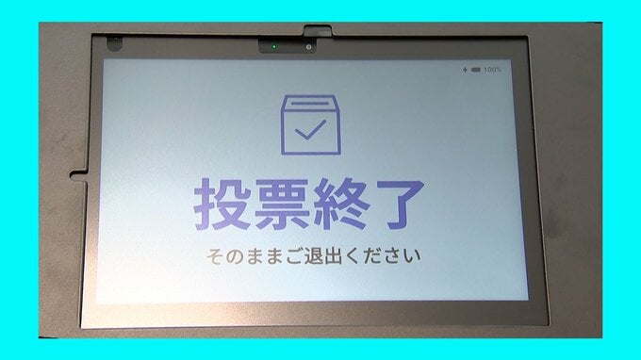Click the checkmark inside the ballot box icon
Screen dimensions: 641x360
(310, 130)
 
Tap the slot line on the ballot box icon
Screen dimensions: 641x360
(310, 104)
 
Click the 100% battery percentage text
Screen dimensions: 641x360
(492, 70)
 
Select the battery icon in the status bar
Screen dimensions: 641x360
(476, 70)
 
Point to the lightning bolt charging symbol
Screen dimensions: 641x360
(465, 70)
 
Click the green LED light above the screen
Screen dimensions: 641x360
(274, 47)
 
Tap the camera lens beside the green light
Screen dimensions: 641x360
(308, 47)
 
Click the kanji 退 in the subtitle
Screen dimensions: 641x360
(313, 256)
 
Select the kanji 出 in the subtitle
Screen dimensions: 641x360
(333, 256)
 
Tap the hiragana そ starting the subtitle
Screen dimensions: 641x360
(214, 256)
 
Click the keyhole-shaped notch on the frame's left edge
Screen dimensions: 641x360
(78, 175)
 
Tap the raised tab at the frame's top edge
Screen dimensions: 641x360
(318, 30)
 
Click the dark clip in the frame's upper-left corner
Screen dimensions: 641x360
(114, 43)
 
